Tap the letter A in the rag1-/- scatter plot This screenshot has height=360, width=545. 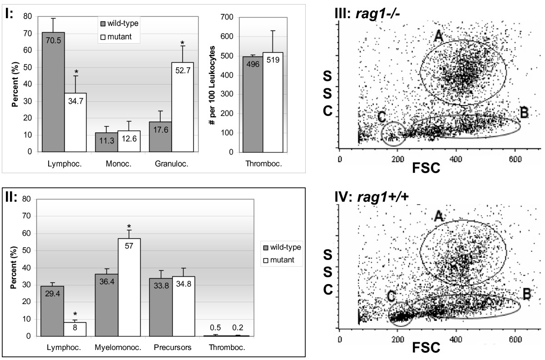coord(438,37)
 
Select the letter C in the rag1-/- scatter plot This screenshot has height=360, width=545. coord(381,117)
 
